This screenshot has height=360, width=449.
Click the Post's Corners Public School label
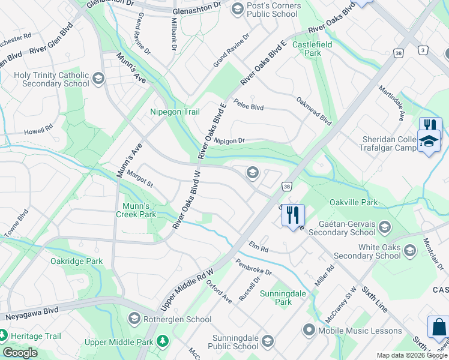(274, 10)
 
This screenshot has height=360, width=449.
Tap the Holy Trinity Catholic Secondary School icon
(98, 79)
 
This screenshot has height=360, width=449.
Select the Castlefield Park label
(307, 49)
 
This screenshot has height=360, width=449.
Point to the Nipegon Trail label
(174, 112)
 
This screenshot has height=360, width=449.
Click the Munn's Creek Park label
(136, 210)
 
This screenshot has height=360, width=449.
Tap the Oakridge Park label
(77, 261)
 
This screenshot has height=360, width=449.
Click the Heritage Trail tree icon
(3, 334)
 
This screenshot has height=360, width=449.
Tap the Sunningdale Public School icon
(267, 342)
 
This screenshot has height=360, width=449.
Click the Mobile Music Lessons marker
(309, 330)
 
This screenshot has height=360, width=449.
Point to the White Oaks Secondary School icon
(410, 251)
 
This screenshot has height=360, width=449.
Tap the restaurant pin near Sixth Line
(293, 214)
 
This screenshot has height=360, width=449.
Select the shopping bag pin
(438, 328)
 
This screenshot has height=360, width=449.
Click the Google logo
(20, 353)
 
